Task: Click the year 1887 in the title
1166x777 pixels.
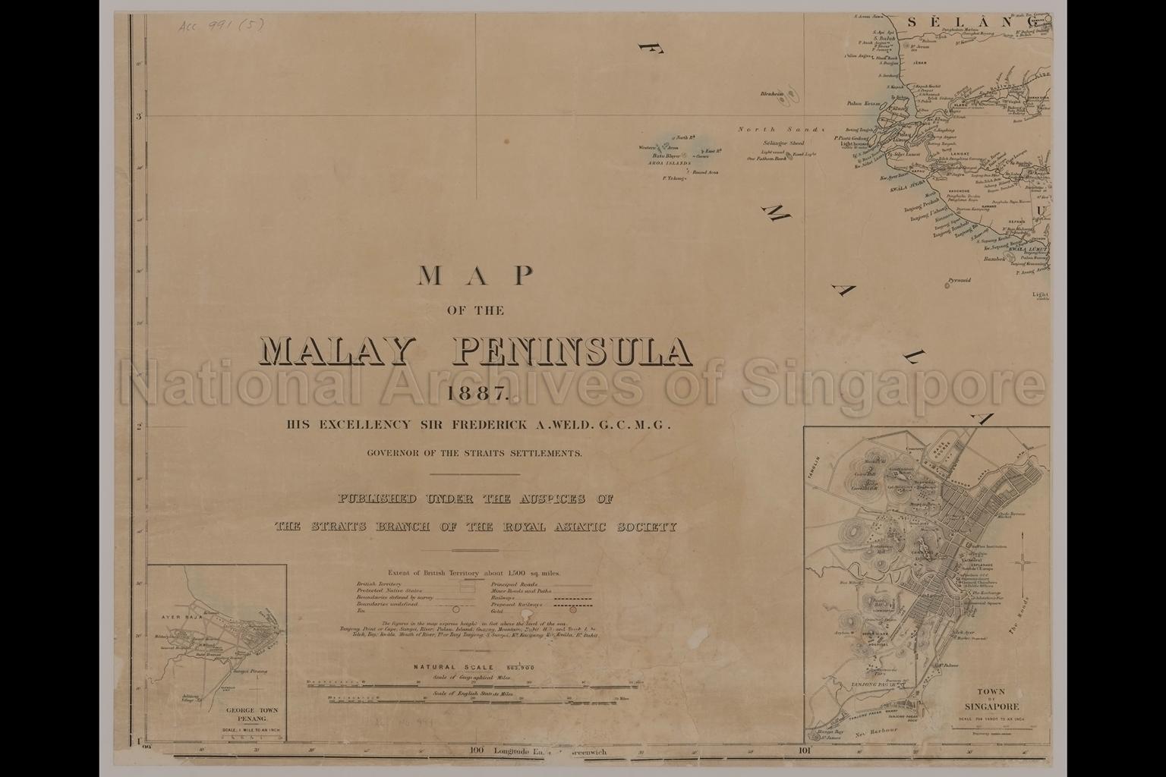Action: [476, 394]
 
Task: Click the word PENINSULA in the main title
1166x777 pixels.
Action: [573, 350]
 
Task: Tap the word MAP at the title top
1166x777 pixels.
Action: [476, 276]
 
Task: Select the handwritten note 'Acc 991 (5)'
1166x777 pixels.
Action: [221, 25]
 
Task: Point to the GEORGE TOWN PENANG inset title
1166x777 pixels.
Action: [251, 714]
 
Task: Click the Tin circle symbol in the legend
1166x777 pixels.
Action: [456, 609]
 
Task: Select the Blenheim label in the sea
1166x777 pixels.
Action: [771, 94]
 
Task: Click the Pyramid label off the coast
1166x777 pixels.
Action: [959, 280]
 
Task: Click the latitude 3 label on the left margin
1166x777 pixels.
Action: [138, 117]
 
